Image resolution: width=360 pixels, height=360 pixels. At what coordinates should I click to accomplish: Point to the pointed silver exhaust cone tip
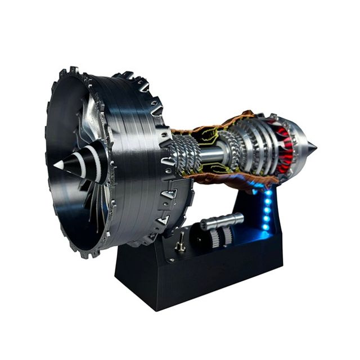[312, 147]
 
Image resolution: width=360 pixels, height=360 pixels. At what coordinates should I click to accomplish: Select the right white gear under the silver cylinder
[227, 236]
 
